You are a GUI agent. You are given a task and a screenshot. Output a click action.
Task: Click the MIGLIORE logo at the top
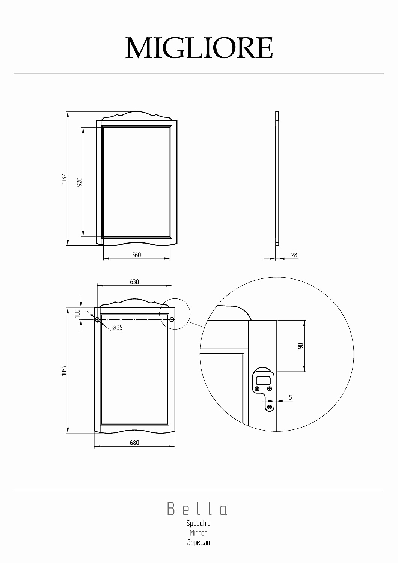pos(199,48)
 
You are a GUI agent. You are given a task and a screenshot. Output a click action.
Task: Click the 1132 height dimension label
pos(64,178)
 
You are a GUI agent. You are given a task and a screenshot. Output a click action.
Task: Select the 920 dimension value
pos(79,182)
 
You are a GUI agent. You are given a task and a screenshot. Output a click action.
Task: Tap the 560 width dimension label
pos(136,255)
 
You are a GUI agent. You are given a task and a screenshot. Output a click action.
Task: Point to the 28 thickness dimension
pos(294,255)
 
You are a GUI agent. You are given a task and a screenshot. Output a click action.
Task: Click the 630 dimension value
pos(134,282)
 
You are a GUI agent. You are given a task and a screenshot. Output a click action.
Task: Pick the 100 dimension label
pos(77,313)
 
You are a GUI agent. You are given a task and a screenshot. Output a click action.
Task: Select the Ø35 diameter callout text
pos(117,328)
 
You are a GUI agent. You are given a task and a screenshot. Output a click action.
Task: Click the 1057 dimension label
pos(64,371)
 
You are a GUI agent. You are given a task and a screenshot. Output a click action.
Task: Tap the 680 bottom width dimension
pos(134,443)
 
